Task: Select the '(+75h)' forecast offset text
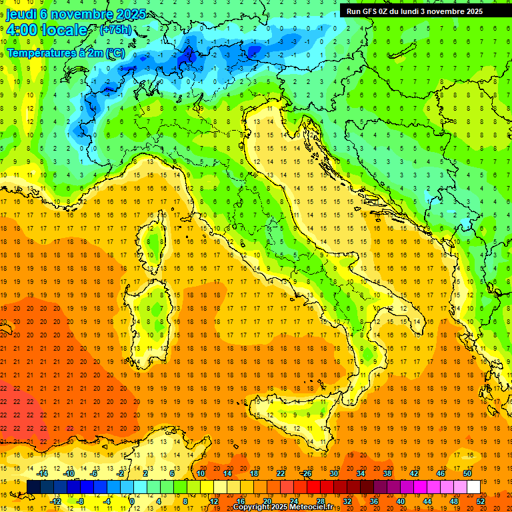(115, 30)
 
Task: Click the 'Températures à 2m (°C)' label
(65, 52)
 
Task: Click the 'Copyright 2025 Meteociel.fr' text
(287, 507)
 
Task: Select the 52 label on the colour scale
(481, 501)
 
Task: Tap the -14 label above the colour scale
(43, 473)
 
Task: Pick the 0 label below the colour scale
(132, 501)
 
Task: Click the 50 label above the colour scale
(467, 473)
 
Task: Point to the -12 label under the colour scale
(57, 501)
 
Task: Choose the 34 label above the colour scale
(361, 473)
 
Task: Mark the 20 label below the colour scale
(267, 501)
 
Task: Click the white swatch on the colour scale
(473, 487)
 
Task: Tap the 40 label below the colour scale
(401, 501)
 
